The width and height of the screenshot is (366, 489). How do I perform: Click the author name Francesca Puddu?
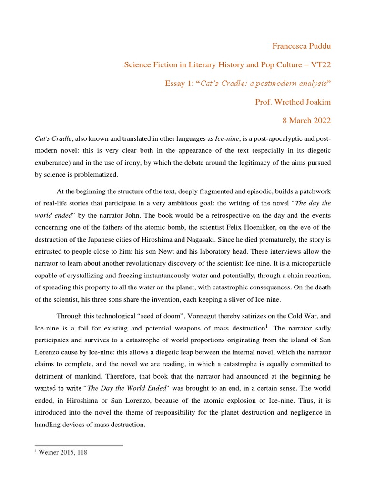click(301, 46)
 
